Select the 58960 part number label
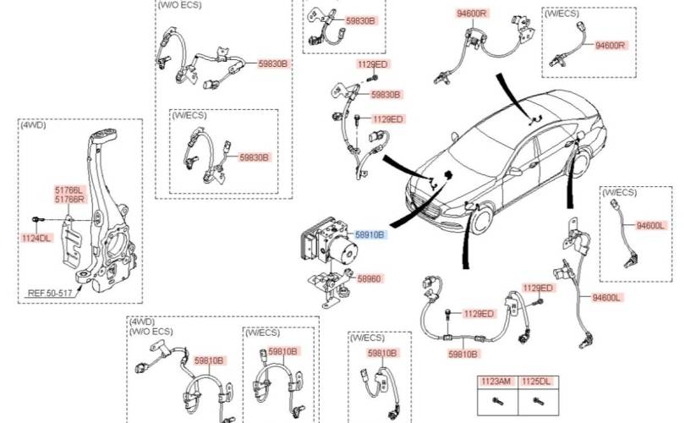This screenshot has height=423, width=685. click(x=370, y=277)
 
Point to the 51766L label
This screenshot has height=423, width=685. click(x=70, y=190)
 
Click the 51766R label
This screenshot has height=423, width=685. click(x=70, y=200)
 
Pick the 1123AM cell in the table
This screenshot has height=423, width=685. click(x=496, y=382)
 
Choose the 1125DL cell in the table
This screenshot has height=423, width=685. click(x=534, y=382)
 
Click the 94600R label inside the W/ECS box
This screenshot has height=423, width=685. click(x=610, y=45)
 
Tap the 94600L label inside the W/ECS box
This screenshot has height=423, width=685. click(x=651, y=225)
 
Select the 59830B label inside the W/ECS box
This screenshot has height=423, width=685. click(x=253, y=157)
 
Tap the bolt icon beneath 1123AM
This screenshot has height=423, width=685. click(x=496, y=401)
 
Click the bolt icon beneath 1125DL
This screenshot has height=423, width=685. click(x=534, y=401)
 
